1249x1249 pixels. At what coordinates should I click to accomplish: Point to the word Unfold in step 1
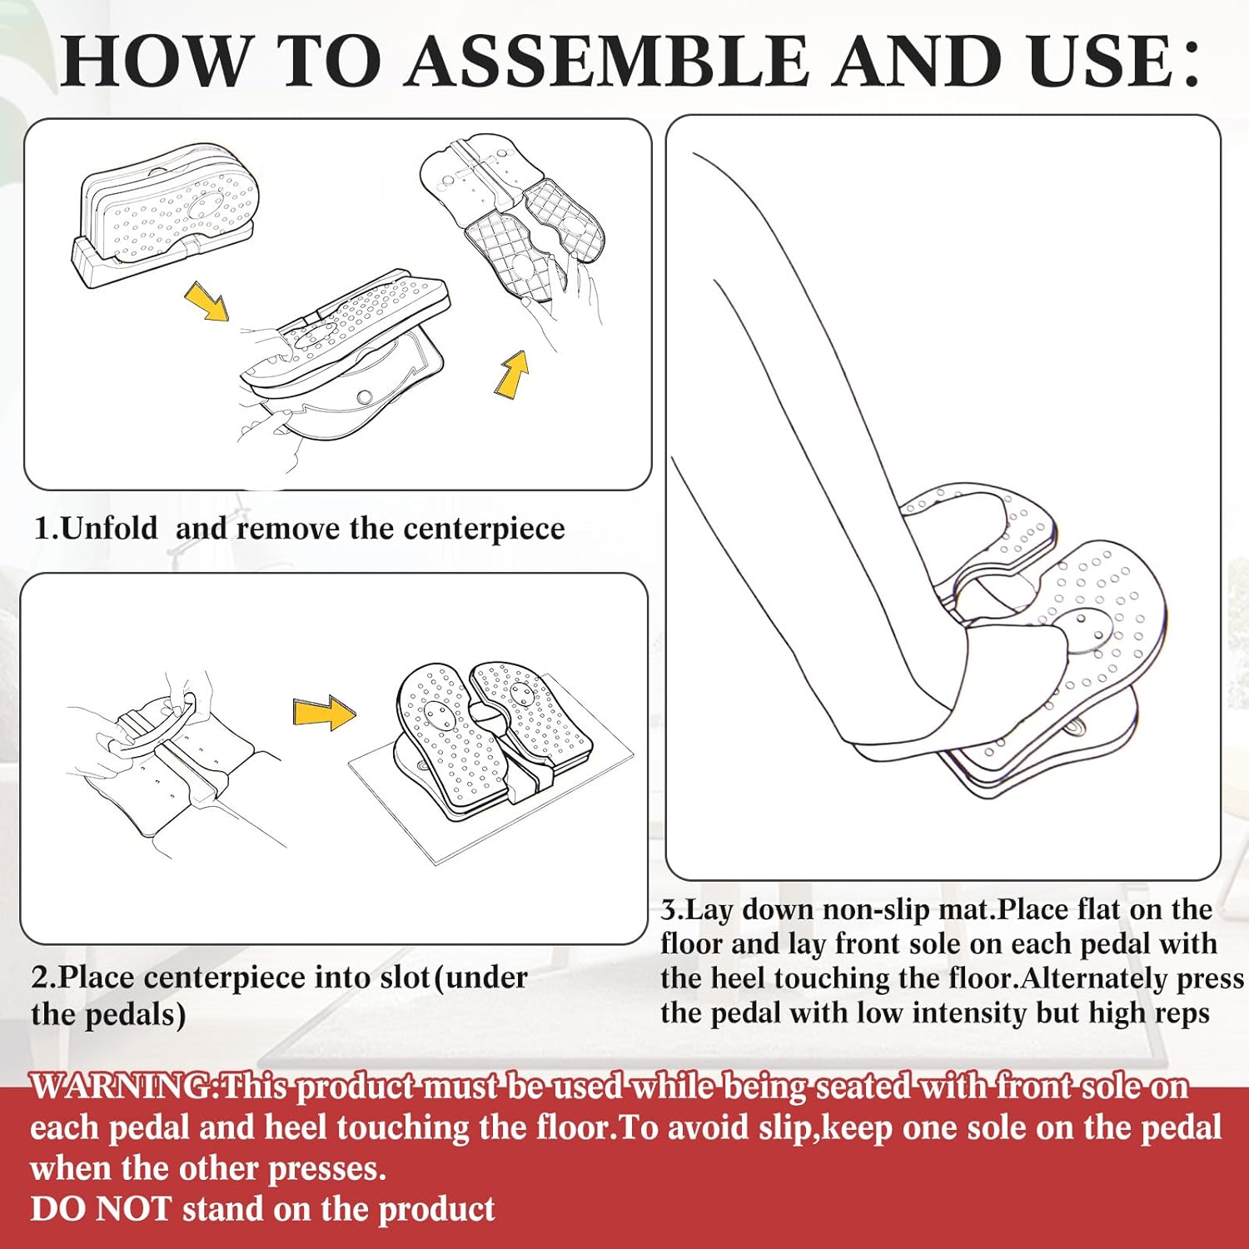[x=109, y=528]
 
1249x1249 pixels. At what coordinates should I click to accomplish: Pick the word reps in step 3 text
[x=1179, y=1014]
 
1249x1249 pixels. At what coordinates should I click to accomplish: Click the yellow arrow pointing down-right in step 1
[x=207, y=301]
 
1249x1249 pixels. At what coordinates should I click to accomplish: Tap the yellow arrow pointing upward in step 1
[x=512, y=374]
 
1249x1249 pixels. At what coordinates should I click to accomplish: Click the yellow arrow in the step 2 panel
[x=324, y=713]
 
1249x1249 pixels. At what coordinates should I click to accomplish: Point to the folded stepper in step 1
[x=167, y=214]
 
